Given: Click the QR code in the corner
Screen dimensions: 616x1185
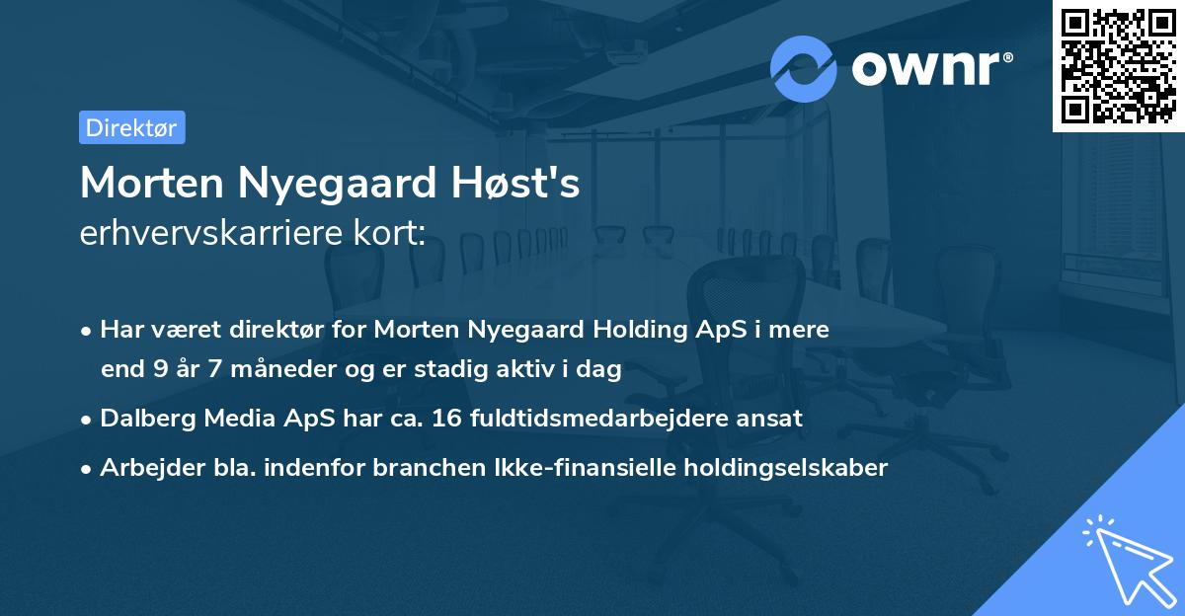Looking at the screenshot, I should [x=1118, y=66].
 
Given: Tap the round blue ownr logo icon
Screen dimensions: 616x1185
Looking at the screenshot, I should [x=804, y=69].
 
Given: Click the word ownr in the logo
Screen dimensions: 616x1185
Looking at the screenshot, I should [x=930, y=69].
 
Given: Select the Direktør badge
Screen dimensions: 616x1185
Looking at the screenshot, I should [x=131, y=127].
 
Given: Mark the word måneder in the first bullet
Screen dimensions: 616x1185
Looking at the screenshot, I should [x=258, y=370].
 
